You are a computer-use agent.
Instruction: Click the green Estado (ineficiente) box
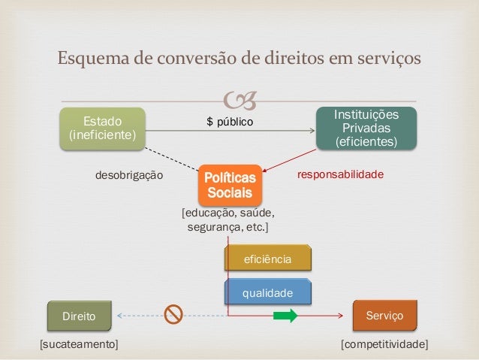(x=102, y=127)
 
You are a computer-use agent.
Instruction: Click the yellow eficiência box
(x=267, y=259)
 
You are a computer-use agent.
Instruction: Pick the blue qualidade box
(x=267, y=291)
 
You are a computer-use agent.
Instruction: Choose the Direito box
(x=79, y=316)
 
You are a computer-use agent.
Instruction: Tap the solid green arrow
(x=285, y=316)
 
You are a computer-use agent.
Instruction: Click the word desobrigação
(x=128, y=175)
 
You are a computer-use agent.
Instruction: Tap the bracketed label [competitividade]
(x=384, y=344)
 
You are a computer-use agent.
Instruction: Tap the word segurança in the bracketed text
(x=215, y=226)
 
